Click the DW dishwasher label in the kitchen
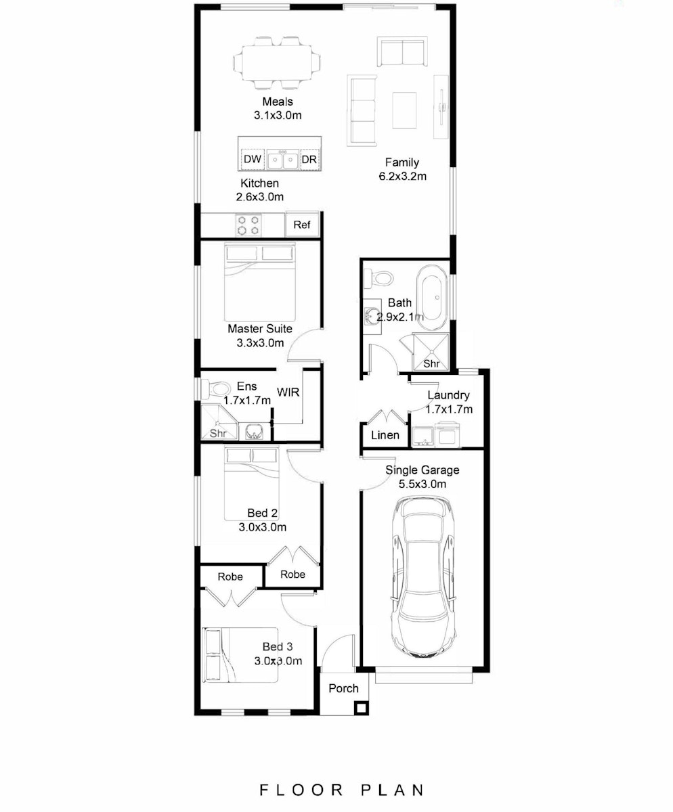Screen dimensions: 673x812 [253, 159]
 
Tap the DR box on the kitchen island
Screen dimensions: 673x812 [309, 160]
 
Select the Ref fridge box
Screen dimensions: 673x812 [302, 225]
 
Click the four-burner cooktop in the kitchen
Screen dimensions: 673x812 [248, 225]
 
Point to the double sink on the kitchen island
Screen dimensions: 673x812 [282, 160]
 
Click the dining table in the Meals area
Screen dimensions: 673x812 [277, 63]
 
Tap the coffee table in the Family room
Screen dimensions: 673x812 [404, 110]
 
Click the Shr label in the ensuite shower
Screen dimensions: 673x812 [218, 433]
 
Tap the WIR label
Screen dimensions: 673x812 [288, 392]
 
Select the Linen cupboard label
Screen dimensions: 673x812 [385, 435]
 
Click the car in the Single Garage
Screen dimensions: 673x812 [423, 580]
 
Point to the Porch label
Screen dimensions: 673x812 [343, 700]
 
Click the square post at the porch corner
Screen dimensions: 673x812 [360, 719]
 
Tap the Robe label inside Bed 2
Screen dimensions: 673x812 [292, 574]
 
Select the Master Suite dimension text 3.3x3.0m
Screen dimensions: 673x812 [260, 342]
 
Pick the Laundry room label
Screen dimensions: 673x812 [448, 395]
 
